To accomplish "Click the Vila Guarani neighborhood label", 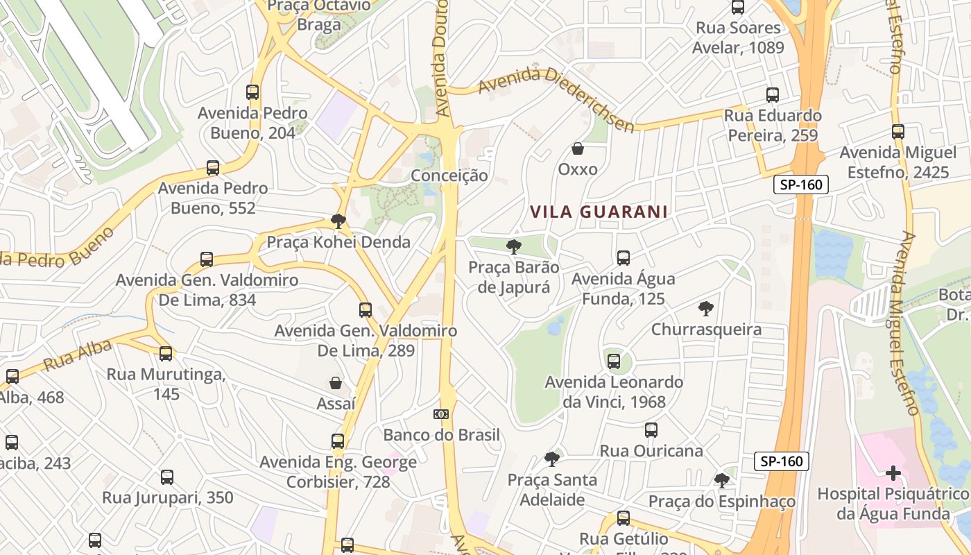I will click(x=599, y=212).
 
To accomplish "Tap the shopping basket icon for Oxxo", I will click(x=577, y=148).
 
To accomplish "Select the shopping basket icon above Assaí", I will click(x=336, y=383).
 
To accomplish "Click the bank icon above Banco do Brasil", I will click(x=441, y=414).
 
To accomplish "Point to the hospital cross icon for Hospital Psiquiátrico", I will click(x=893, y=474).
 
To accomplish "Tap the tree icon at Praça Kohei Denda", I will click(x=338, y=221).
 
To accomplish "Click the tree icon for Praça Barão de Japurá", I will click(x=513, y=246).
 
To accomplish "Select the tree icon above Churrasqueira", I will click(x=706, y=308).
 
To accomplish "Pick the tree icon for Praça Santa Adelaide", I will click(x=552, y=459).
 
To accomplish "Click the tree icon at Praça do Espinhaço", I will click(x=722, y=480).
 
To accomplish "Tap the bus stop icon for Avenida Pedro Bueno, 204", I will click(x=252, y=92).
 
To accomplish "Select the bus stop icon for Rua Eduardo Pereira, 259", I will click(x=773, y=95).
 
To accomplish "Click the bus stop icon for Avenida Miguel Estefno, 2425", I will click(x=898, y=131).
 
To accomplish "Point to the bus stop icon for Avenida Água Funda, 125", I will click(x=624, y=258).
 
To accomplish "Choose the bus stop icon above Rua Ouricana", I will click(x=651, y=430).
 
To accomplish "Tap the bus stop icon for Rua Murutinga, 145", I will click(x=166, y=354).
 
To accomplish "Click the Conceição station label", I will click(x=449, y=176).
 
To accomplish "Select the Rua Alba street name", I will click(x=77, y=355).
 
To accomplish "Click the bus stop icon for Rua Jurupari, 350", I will click(x=167, y=477).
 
